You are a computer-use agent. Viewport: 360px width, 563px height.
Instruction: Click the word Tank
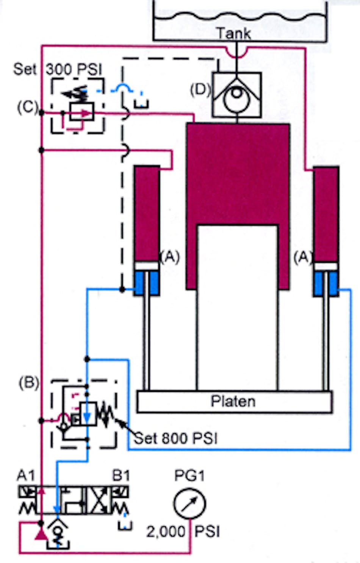(x=234, y=33)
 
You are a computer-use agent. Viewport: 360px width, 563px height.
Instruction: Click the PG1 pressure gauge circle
(x=189, y=504)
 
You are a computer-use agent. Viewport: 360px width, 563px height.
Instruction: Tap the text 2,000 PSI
(x=183, y=532)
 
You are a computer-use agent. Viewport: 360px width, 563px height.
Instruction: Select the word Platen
(x=233, y=401)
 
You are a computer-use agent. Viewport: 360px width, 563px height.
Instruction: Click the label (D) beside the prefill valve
(x=200, y=90)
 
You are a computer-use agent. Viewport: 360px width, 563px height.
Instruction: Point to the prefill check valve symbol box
(x=237, y=95)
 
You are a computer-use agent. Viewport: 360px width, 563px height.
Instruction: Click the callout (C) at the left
(x=27, y=107)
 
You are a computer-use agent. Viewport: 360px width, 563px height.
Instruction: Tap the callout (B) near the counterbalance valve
(x=29, y=383)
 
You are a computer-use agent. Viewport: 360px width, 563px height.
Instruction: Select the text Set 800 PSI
(x=176, y=438)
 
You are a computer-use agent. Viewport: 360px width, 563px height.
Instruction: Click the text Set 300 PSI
(x=58, y=69)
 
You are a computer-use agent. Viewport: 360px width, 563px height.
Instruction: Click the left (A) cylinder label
(x=170, y=257)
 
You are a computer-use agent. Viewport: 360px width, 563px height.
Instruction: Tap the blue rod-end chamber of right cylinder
(x=326, y=284)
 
